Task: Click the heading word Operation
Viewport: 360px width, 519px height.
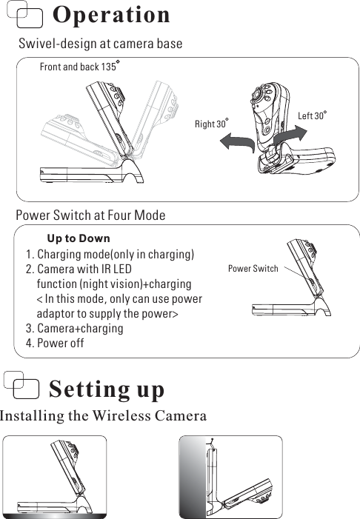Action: (x=112, y=15)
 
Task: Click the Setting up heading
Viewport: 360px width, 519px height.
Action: (x=107, y=389)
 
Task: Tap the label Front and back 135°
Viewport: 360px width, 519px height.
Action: (x=79, y=67)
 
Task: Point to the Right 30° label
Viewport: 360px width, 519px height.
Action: (x=211, y=124)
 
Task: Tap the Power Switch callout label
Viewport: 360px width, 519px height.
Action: (x=253, y=268)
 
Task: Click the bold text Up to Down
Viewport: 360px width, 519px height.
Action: (x=79, y=238)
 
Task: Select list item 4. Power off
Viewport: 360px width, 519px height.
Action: (x=55, y=344)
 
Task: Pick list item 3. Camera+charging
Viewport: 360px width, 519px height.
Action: (x=74, y=328)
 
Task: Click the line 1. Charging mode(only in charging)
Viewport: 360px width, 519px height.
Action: (x=110, y=255)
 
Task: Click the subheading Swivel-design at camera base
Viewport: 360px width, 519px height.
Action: (x=100, y=44)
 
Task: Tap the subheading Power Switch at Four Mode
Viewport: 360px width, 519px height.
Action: (x=90, y=215)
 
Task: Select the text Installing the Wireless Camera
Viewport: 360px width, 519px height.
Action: (x=103, y=415)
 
